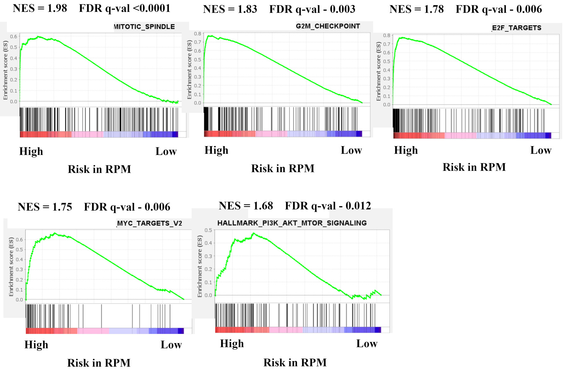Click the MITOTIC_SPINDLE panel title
[x=144, y=27]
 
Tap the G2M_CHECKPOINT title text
[x=328, y=26]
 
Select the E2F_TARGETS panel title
[x=516, y=28]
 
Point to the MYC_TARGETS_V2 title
[x=149, y=223]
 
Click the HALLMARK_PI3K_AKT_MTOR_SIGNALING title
[x=292, y=223]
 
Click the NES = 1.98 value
[x=40, y=8]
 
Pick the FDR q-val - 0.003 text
[x=312, y=9]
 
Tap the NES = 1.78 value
[x=416, y=9]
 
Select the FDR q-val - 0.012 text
[x=328, y=206]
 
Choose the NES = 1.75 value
[x=45, y=207]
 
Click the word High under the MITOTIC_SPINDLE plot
[x=31, y=151]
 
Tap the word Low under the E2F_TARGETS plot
[x=540, y=150]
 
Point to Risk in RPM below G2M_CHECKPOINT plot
[x=283, y=169]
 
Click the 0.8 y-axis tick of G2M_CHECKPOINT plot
[x=197, y=34]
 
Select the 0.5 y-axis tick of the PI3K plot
[x=208, y=230]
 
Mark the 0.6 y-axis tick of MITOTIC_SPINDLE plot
[x=13, y=37]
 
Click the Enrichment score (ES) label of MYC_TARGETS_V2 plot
[x=11, y=267]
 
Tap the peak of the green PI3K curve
[x=253, y=233]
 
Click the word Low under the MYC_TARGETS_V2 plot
[x=171, y=345]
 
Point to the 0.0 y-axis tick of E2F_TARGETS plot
[x=387, y=104]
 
